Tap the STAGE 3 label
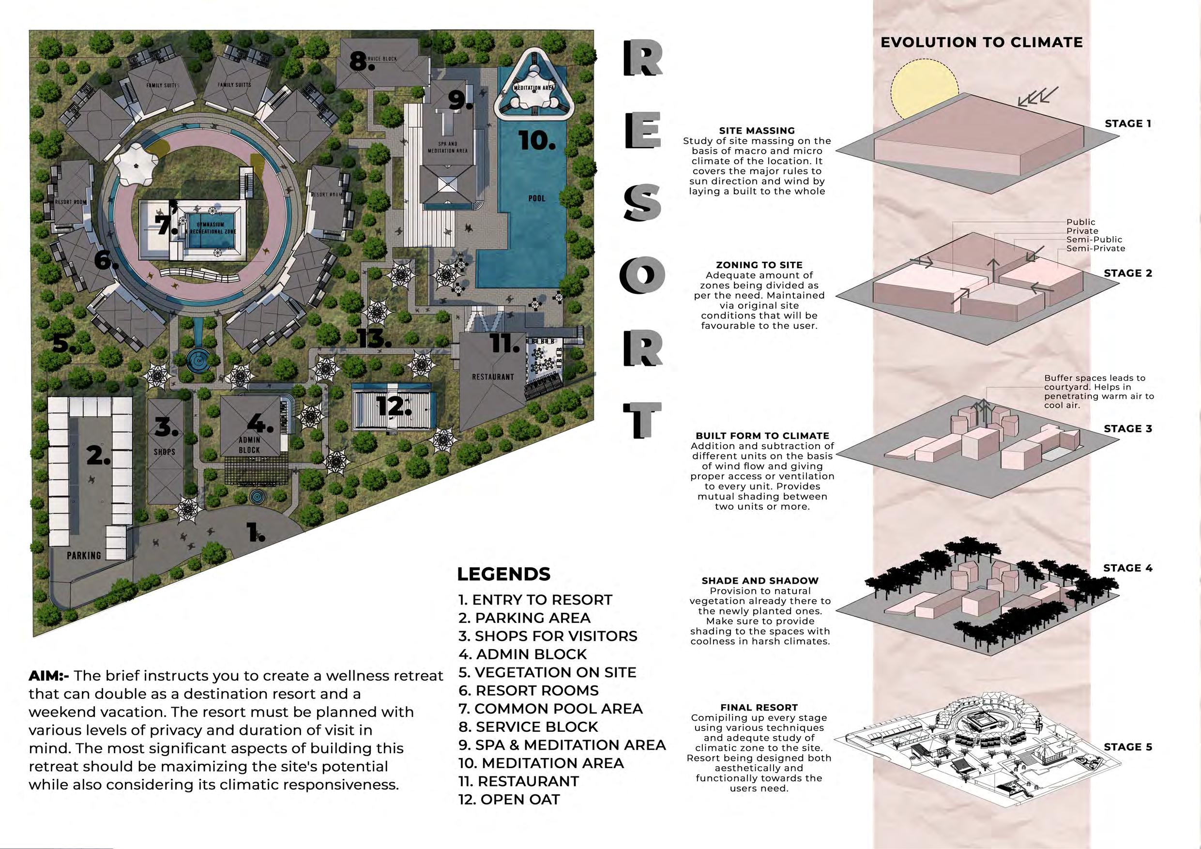click(1128, 428)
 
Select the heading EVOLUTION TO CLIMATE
click(981, 43)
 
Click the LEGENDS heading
click(503, 574)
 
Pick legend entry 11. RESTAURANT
click(518, 781)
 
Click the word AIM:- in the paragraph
click(49, 675)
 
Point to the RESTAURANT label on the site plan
click(493, 377)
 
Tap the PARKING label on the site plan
click(84, 555)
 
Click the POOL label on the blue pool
click(537, 198)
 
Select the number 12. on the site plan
click(394, 406)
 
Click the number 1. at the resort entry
click(255, 532)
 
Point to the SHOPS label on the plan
click(164, 452)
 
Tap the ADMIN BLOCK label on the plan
click(249, 445)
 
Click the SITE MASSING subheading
click(757, 131)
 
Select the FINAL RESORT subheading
click(759, 707)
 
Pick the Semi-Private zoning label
click(1095, 248)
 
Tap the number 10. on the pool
click(537, 140)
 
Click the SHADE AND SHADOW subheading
click(760, 581)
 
